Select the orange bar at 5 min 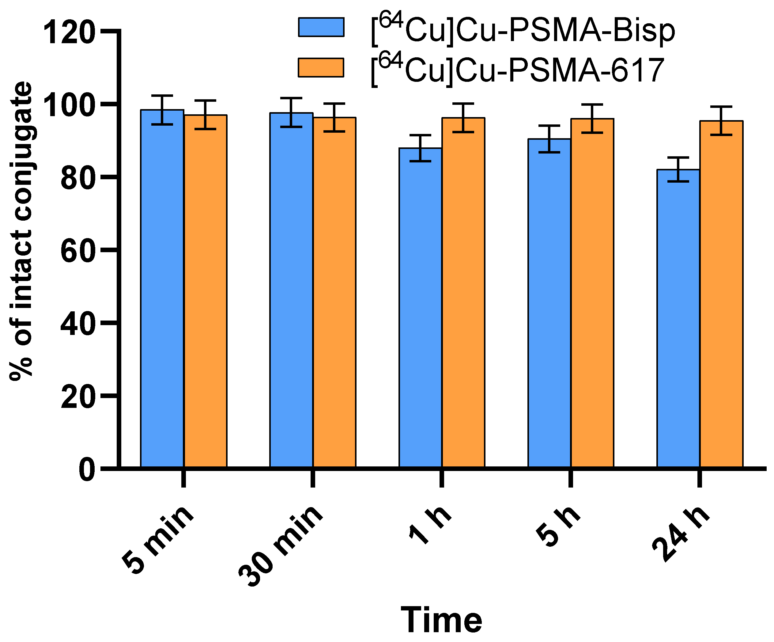pos(205,291)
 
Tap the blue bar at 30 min pos(291,290)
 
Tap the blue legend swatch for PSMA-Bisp pos(321,27)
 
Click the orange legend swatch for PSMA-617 pos(321,67)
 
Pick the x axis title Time pos(441,620)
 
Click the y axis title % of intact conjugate pos(21,230)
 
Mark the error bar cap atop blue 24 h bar pos(678,158)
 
